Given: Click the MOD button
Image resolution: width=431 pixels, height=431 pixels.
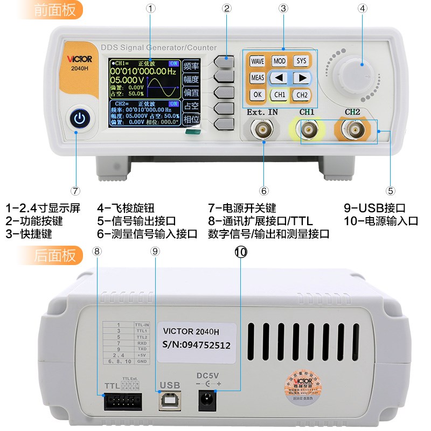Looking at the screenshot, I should (279, 61).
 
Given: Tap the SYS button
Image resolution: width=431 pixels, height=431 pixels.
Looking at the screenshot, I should (301, 61).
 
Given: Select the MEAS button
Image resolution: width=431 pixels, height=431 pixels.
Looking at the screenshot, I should (258, 78).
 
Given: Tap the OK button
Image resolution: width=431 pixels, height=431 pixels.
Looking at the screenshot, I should (258, 95).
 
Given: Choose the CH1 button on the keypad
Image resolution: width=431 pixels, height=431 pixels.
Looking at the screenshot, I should (279, 95).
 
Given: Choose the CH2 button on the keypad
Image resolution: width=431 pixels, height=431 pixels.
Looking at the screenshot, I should (301, 95).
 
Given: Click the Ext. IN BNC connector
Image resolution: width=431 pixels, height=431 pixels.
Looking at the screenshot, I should (263, 129).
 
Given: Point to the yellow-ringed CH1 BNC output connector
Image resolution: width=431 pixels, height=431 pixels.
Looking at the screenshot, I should (308, 129).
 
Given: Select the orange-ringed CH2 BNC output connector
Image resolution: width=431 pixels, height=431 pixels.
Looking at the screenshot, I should (352, 129).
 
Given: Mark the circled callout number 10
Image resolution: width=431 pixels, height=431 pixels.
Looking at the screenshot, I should (240, 251).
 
